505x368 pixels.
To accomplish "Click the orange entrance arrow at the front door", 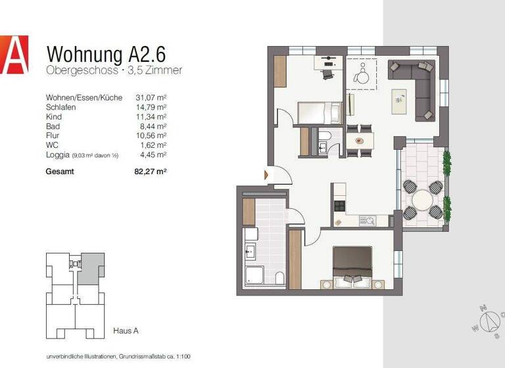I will tap(266, 175).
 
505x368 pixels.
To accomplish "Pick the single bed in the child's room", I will tap(319, 112).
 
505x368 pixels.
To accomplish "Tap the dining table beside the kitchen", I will tap(358, 140).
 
